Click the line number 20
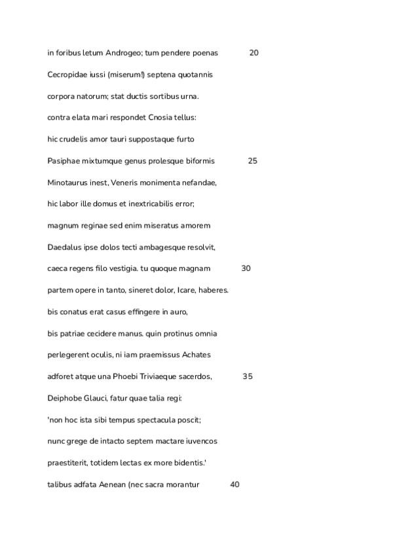(x=253, y=53)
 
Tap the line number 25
(x=252, y=161)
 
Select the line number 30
(x=246, y=268)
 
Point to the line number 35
(x=247, y=376)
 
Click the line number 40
(x=235, y=484)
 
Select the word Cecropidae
(x=67, y=75)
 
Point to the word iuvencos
(x=200, y=441)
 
